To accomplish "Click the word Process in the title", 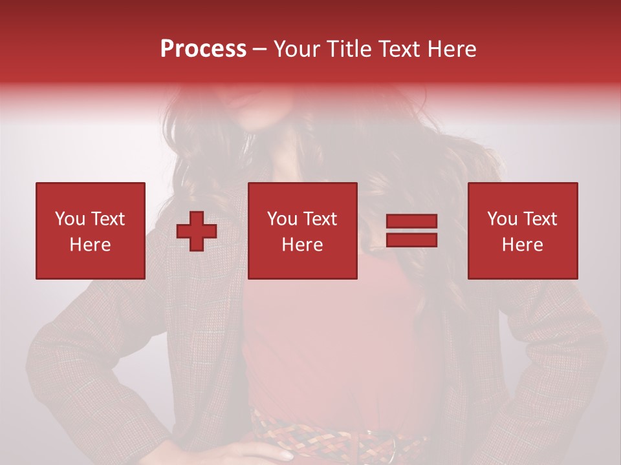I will (203, 49).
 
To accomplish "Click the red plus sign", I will (197, 232).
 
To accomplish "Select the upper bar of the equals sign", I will (411, 221).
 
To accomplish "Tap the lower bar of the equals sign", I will (411, 240).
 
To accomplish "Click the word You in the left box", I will (69, 219).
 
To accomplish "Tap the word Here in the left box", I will (91, 245).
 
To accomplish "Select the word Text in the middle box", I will (320, 219).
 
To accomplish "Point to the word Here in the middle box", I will (303, 245).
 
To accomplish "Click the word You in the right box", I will (501, 219).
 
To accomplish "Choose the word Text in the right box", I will (540, 219).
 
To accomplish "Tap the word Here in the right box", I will (523, 245).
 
